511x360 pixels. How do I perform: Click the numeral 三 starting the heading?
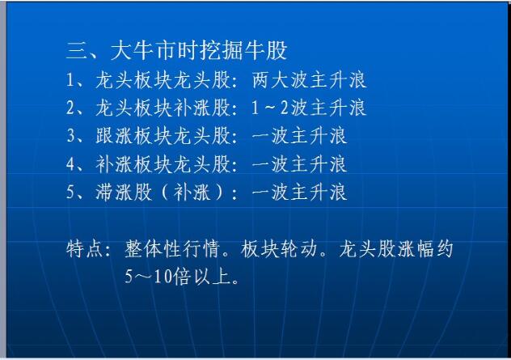77,51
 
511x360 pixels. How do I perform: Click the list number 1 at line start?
70,80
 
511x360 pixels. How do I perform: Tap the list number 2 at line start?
70,108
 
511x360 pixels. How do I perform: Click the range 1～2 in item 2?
270,108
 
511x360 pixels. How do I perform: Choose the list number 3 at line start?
70,136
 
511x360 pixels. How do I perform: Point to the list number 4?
70,164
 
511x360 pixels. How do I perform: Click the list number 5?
70,192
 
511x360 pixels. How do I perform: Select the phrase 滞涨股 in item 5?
125,192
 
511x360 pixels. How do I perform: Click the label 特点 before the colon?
85,249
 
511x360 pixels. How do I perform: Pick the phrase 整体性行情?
171,249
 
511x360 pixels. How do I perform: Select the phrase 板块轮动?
279,249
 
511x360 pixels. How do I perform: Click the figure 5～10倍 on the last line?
158,277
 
